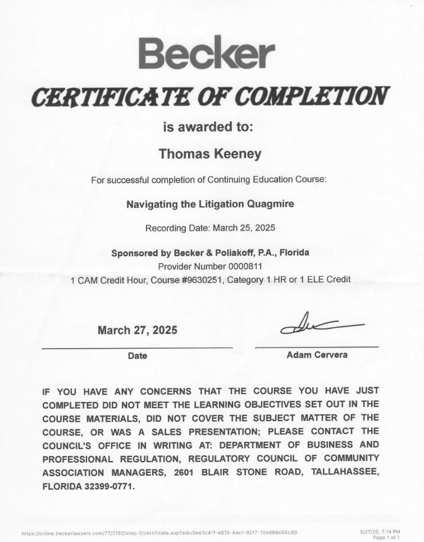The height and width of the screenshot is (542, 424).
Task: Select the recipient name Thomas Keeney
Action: (211, 154)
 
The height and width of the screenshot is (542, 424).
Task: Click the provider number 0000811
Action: (246, 266)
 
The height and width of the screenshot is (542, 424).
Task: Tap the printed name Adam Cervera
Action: (317, 355)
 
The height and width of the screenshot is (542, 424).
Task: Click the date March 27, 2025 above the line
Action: (138, 330)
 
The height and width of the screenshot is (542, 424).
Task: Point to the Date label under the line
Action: (137, 355)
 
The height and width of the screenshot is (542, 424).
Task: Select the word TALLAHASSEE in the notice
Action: (344, 472)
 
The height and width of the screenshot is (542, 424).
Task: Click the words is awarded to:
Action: (208, 127)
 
